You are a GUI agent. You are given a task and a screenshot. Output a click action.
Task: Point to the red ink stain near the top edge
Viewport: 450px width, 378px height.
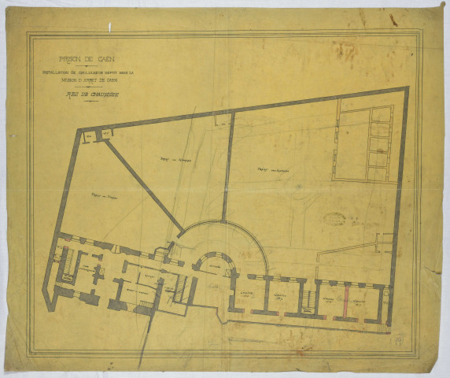coord(391,18)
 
